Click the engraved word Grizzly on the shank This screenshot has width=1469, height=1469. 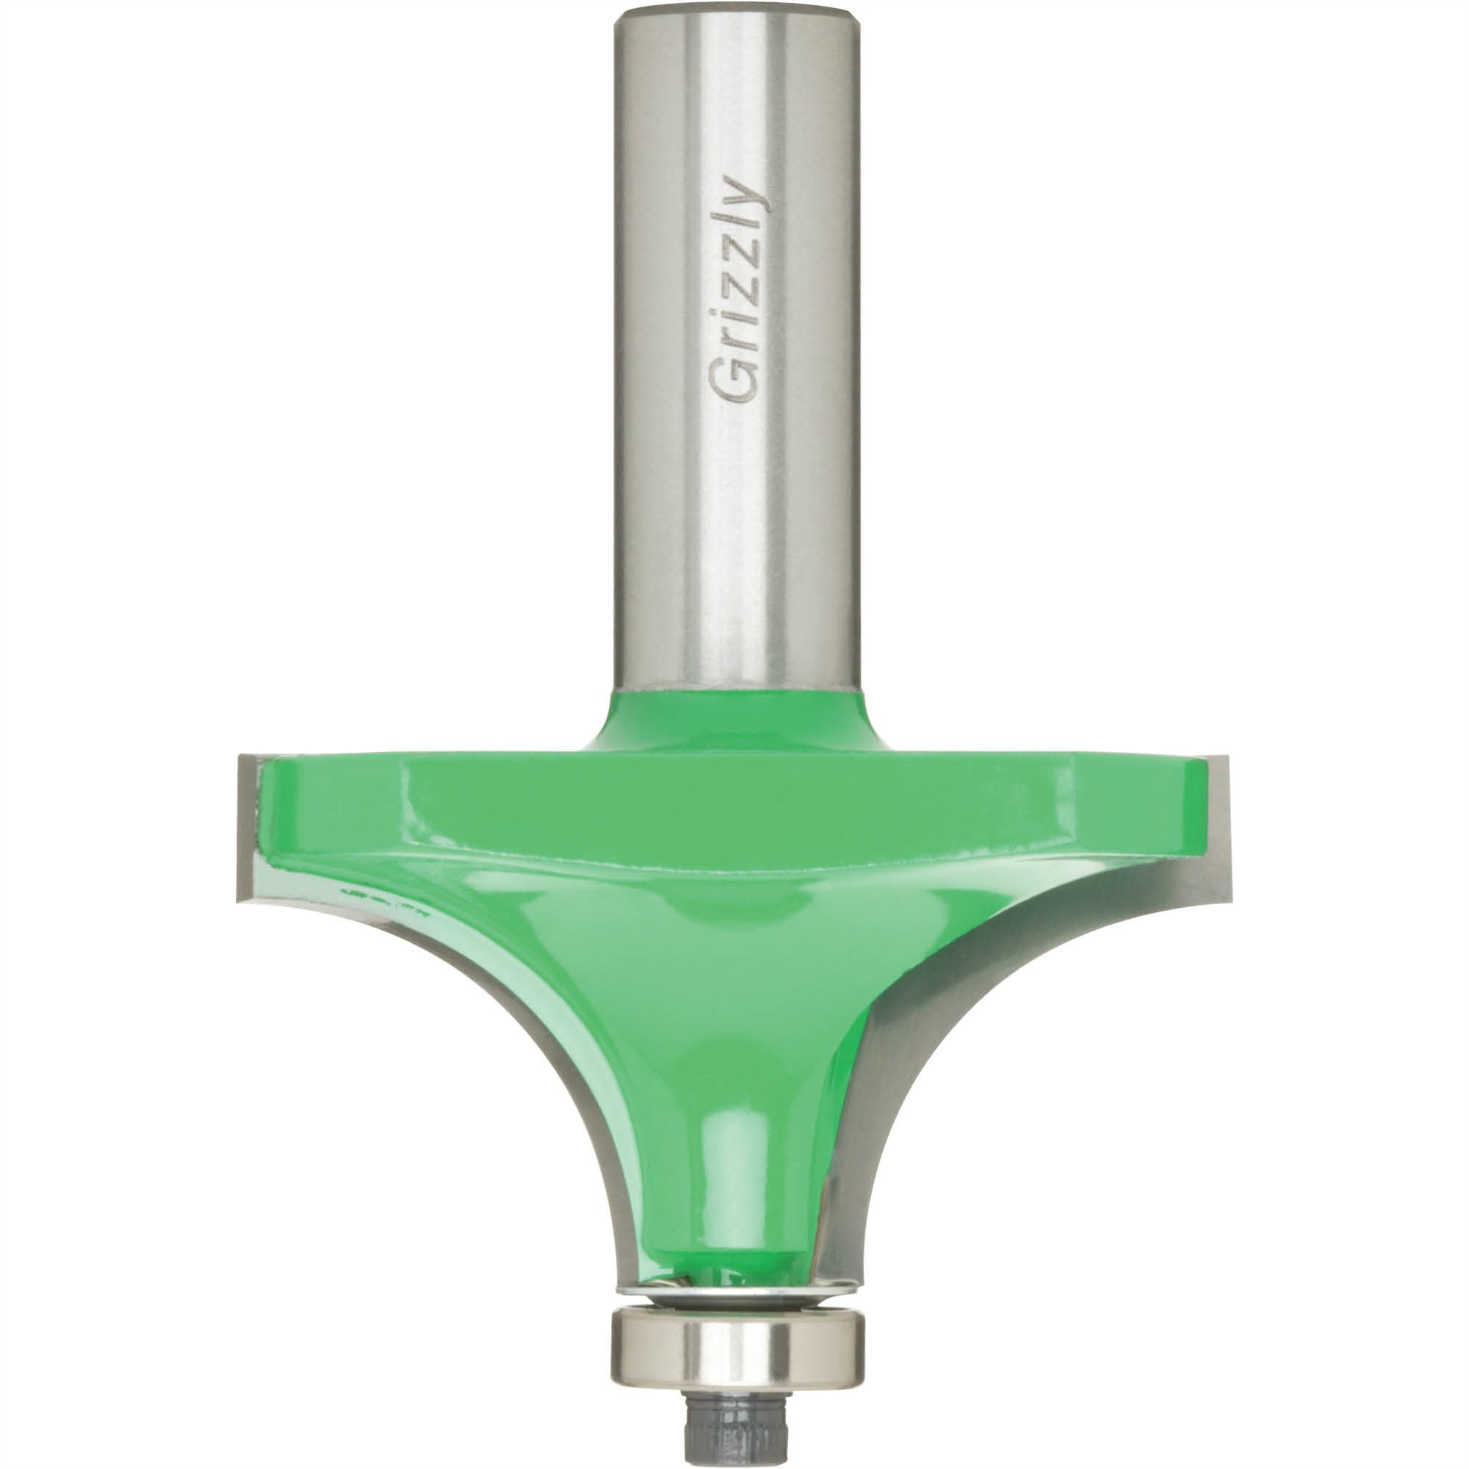click(734, 289)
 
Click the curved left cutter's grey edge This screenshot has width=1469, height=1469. click(533, 1064)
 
